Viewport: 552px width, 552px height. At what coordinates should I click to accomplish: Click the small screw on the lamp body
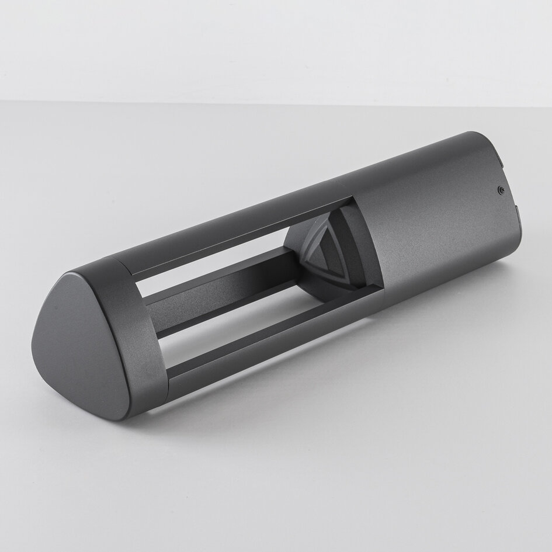click(501, 189)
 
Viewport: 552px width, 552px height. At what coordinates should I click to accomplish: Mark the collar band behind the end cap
click(140, 333)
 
